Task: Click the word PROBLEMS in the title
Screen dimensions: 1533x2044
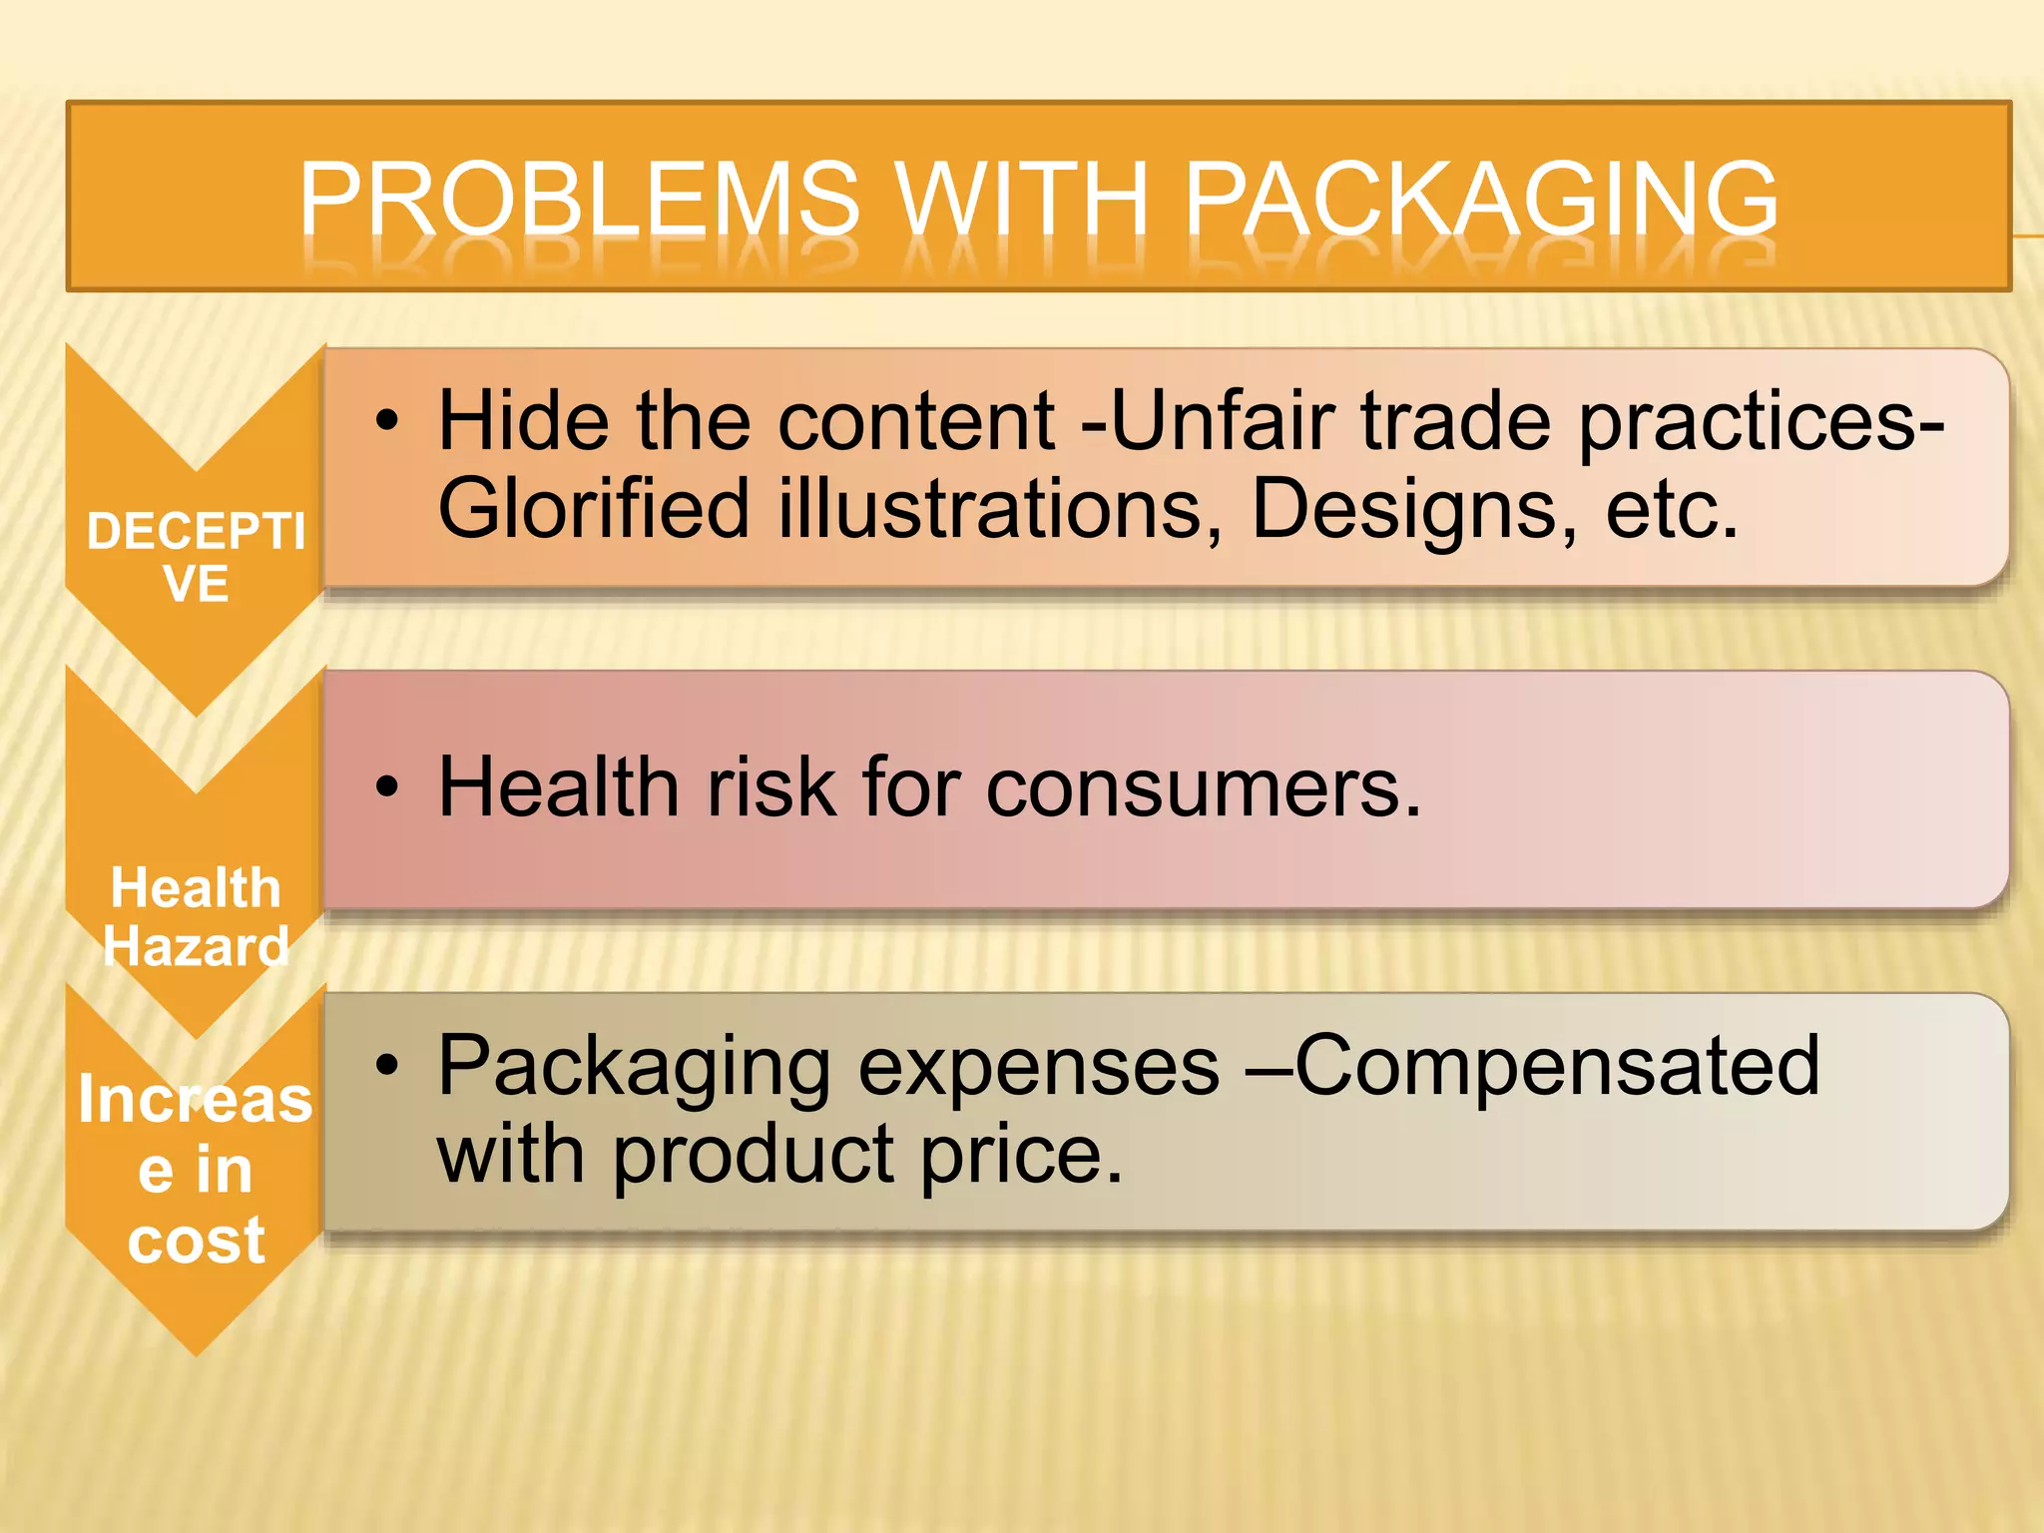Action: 579,200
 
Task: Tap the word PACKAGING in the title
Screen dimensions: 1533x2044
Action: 1481,200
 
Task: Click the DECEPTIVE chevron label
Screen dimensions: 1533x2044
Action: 196,557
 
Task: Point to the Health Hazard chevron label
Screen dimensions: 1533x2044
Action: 196,916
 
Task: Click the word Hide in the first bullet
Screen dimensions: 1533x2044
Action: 523,421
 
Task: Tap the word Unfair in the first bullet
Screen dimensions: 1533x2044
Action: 1222,421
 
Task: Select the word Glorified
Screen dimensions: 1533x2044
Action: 594,509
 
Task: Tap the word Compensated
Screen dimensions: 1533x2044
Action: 1557,1066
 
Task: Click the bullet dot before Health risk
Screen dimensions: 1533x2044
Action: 387,788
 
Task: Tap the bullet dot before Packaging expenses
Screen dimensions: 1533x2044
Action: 387,1066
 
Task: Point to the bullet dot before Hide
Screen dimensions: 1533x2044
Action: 387,421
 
